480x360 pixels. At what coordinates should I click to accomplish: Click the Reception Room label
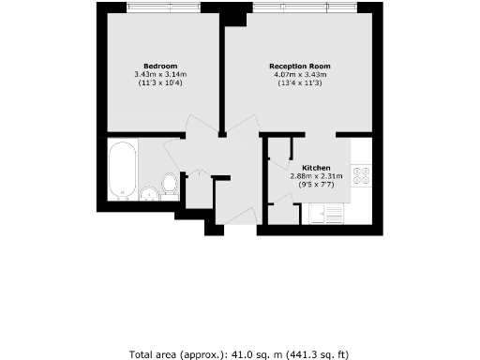(x=299, y=66)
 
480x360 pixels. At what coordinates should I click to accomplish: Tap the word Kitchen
(x=316, y=167)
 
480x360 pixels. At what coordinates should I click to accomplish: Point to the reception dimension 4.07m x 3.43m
(x=299, y=75)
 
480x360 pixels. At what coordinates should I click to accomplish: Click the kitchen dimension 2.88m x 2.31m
(x=317, y=175)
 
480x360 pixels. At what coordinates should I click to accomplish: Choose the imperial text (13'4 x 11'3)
(x=299, y=84)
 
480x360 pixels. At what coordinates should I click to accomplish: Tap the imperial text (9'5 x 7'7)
(x=317, y=185)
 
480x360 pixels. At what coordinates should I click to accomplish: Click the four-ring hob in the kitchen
(x=363, y=175)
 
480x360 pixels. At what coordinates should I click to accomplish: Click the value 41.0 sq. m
(x=247, y=354)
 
